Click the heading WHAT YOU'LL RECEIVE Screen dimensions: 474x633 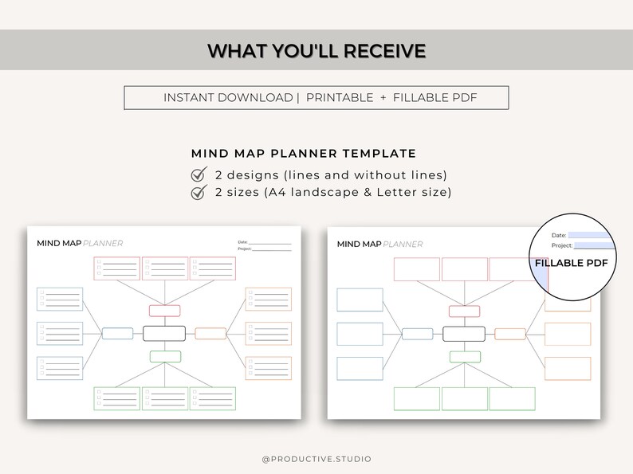click(x=316, y=51)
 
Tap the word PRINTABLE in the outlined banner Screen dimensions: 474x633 click(x=340, y=97)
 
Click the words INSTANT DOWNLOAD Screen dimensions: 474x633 click(x=228, y=97)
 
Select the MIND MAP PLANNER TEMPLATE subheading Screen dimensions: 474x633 click(x=304, y=154)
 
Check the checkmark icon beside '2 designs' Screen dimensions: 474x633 click(x=199, y=174)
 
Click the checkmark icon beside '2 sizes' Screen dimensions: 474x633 click(x=199, y=192)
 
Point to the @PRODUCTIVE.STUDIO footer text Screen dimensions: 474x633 click(x=316, y=459)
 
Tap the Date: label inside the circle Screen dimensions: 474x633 click(x=558, y=235)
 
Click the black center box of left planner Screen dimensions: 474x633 click(x=164, y=333)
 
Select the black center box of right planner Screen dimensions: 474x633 click(x=464, y=334)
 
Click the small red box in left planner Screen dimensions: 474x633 click(x=164, y=311)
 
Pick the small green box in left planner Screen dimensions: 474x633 click(x=164, y=356)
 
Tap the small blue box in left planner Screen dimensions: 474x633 click(x=117, y=333)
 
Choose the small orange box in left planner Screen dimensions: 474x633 click(x=210, y=333)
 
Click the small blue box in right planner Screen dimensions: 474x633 click(x=417, y=334)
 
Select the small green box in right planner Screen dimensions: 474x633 click(x=464, y=356)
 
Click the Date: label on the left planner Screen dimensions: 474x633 click(x=242, y=242)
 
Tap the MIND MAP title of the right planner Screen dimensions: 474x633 click(x=359, y=244)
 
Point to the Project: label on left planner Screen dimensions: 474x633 click(x=245, y=249)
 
